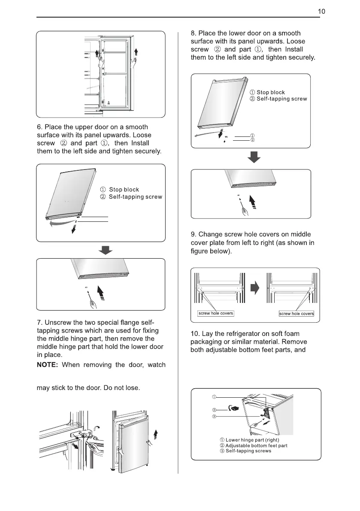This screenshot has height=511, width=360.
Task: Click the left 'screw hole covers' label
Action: pos(215,313)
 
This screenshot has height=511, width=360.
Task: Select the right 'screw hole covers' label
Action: pos(296,314)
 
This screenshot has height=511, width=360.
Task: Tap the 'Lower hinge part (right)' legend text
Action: pos(252,440)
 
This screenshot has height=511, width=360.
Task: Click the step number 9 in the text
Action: pos(193,234)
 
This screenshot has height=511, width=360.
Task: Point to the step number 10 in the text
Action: pos(194,334)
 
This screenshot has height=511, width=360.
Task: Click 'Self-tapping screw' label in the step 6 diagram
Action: pos(135,197)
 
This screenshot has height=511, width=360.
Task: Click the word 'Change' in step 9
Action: pos(211,234)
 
